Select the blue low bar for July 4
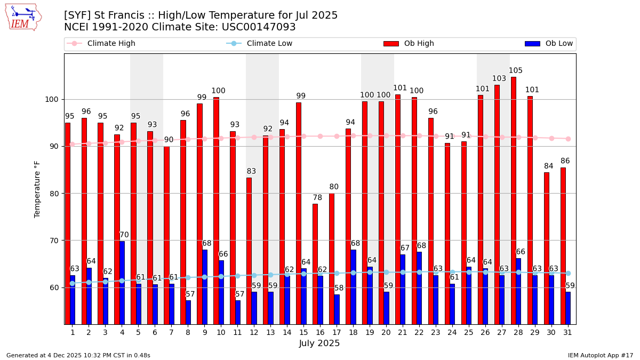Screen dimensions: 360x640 (122, 283)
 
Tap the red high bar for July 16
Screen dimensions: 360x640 (315, 264)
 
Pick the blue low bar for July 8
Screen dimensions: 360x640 (188, 312)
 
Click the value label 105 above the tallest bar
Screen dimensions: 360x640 (516, 71)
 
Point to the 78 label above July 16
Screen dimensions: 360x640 (317, 198)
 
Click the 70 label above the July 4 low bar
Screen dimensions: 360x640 (124, 235)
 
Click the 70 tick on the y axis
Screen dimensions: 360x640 (54, 241)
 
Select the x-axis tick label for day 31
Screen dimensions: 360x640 (567, 332)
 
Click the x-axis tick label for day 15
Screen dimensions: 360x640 (303, 332)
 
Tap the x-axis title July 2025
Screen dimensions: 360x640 (319, 343)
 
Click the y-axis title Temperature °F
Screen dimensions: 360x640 (37, 189)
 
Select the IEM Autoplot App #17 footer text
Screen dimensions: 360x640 (601, 355)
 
